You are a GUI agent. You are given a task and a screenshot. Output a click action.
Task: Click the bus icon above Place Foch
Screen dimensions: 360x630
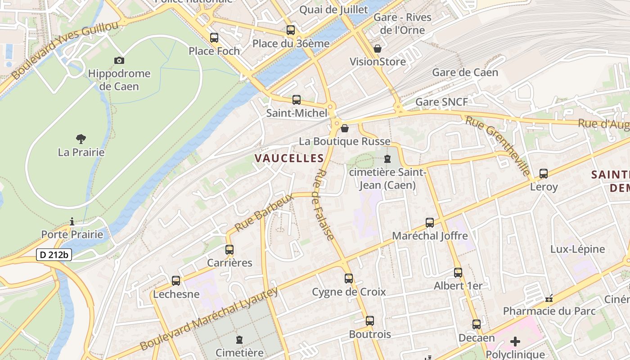pyautogui.click(x=214, y=38)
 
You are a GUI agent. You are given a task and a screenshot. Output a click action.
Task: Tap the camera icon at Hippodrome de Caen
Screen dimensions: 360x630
pyautogui.click(x=119, y=60)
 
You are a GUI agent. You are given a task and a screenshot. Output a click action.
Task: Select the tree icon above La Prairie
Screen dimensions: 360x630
pyautogui.click(x=81, y=139)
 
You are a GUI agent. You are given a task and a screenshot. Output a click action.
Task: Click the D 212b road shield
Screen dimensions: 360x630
pyautogui.click(x=54, y=255)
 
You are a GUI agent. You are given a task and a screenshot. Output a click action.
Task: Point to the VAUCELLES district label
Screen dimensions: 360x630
pyautogui.click(x=289, y=158)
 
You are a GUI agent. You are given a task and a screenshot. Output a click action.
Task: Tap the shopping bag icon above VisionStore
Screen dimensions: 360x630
pyautogui.click(x=378, y=49)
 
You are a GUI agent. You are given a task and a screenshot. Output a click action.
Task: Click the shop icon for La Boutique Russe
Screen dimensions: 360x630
pyautogui.click(x=345, y=129)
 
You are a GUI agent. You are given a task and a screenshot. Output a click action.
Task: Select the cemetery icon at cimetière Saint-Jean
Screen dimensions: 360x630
pyautogui.click(x=387, y=159)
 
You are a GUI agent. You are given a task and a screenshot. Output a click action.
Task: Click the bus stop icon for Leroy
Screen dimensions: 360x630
pyautogui.click(x=544, y=174)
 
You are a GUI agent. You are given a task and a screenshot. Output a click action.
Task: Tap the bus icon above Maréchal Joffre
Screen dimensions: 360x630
pyautogui.click(x=430, y=223)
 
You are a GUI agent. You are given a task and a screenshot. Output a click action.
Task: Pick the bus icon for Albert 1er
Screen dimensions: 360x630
pyautogui.click(x=458, y=273)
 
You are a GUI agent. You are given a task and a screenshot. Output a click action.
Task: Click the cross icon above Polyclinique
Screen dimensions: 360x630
pyautogui.click(x=515, y=342)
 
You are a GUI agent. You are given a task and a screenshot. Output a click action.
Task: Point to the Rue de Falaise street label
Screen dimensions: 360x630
pyautogui.click(x=324, y=205)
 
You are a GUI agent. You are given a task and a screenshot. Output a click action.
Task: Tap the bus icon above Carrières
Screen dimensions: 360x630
pyautogui.click(x=229, y=250)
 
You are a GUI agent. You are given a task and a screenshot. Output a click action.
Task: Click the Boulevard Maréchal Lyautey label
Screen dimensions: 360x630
pyautogui.click(x=209, y=319)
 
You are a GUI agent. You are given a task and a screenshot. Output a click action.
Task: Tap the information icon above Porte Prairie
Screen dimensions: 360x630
pyautogui.click(x=72, y=221)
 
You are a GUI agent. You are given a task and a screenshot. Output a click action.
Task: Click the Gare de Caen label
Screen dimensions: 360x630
pyautogui.click(x=465, y=72)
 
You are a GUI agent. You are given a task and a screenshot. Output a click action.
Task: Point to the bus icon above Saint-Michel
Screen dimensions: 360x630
pyautogui.click(x=297, y=100)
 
